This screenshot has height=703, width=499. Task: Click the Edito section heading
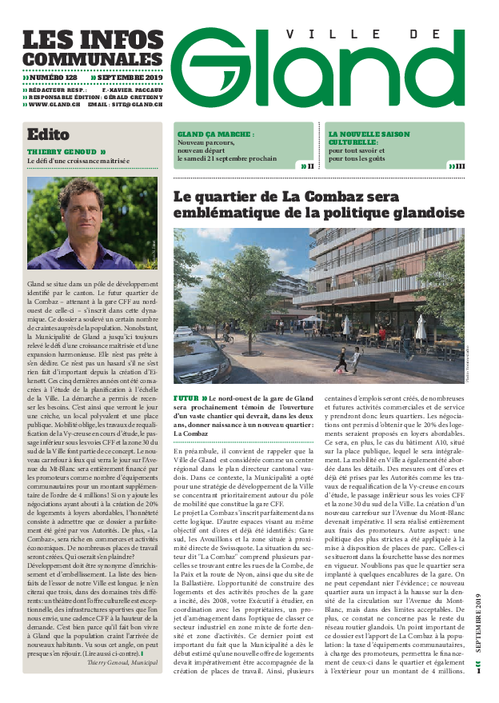(x=48, y=134)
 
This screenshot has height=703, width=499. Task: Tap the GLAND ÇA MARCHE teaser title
(x=211, y=134)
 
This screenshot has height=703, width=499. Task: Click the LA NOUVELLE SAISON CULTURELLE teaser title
(x=369, y=138)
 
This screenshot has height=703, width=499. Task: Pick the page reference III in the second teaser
(x=460, y=166)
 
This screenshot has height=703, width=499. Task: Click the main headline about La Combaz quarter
(x=318, y=205)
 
